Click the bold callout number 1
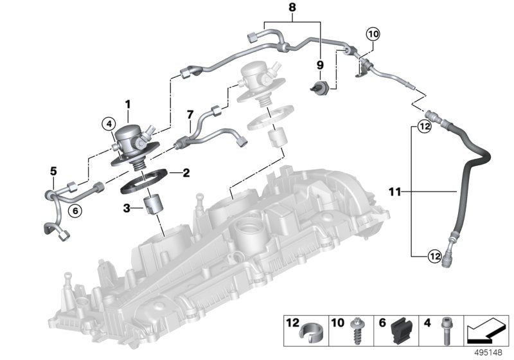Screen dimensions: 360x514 tap(127, 104)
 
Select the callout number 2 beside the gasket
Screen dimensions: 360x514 tap(186, 172)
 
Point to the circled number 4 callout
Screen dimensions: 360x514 tap(109, 123)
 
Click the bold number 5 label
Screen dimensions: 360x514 tap(54, 171)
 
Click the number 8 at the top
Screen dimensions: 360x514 tap(293, 9)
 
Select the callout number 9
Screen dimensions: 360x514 tap(320, 65)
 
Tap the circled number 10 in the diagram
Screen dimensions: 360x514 tap(373, 32)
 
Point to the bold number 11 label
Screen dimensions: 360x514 tap(397, 191)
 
